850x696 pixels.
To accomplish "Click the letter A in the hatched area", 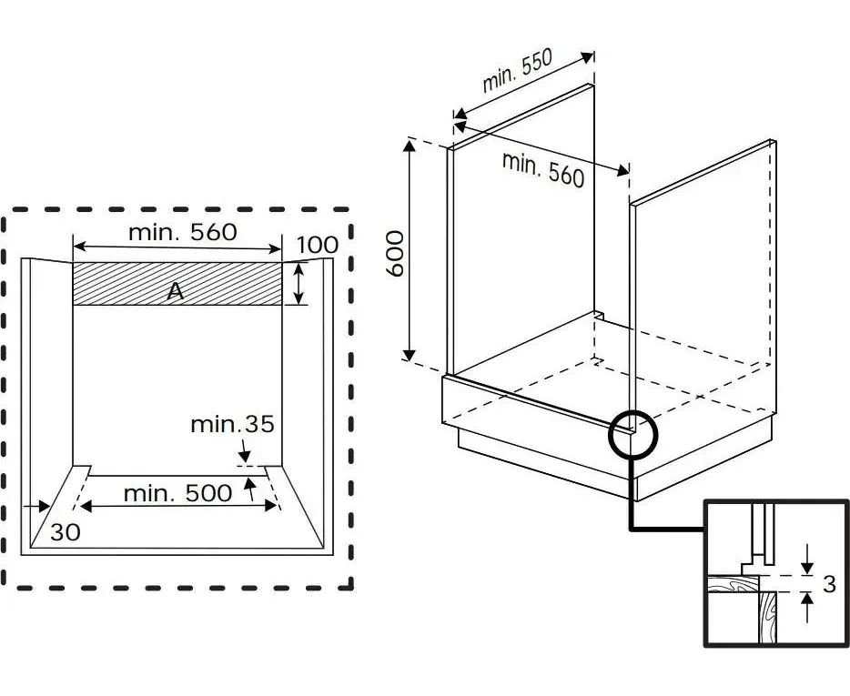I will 177,291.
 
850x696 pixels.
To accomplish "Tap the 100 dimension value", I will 317,244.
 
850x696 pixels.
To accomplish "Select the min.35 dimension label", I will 232,424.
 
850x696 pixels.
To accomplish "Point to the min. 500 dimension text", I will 177,494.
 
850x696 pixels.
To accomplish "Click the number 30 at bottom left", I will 65,532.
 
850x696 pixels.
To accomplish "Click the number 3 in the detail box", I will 828,583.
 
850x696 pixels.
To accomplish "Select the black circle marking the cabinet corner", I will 632,432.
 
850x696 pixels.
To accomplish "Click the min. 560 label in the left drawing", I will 182,232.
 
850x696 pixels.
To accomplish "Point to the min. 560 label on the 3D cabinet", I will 543,169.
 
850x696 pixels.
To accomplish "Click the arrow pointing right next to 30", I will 38,507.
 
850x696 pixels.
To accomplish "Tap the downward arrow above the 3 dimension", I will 807,565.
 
